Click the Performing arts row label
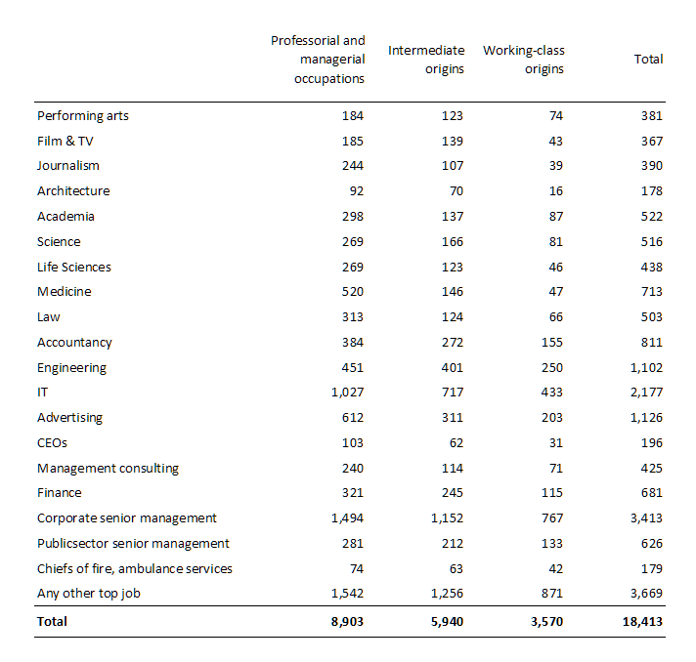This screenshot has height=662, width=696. pos(83,116)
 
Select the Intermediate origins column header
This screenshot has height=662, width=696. pos(425,59)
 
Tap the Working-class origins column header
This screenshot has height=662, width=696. pos(524,59)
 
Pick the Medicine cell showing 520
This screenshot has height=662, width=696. pos(352,292)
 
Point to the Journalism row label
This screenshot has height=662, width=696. pos(68,166)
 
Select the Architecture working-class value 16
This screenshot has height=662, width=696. pos(556,191)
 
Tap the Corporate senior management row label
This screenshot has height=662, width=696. pos(127,518)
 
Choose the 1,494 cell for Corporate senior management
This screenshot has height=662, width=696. pos(347,518)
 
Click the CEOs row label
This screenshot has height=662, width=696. pos(53,443)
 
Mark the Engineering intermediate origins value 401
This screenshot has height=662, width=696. pos(452,368)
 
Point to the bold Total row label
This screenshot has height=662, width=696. pos(53,621)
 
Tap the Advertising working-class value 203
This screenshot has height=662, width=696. pos(552,418)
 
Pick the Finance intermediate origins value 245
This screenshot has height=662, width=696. pos(452,493)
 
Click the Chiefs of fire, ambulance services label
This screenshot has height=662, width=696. pos(135,569)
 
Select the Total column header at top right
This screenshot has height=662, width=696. pos(648,60)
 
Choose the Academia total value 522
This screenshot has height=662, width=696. pos(651,217)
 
